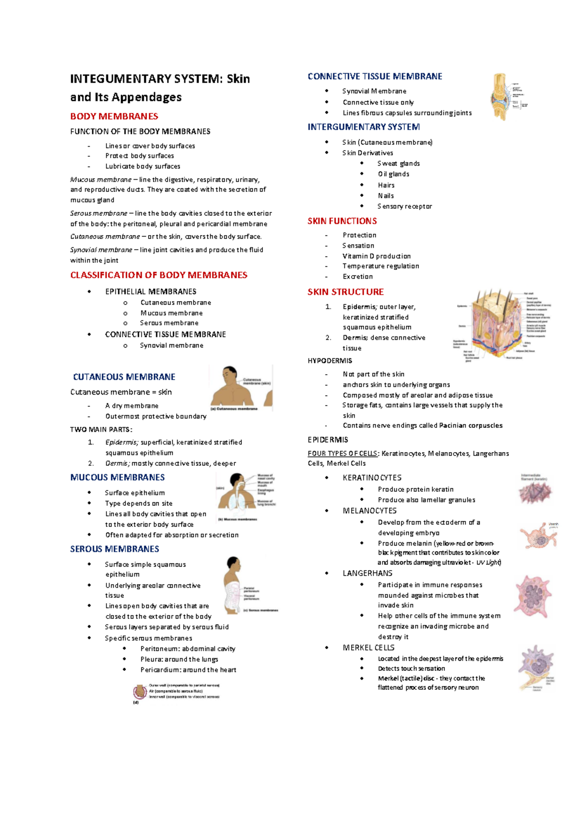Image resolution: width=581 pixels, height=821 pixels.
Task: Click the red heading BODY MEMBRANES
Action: click(x=114, y=116)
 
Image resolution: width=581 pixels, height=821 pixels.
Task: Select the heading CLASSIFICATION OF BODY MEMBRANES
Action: click(x=158, y=275)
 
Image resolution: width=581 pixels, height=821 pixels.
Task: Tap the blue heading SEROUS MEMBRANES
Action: click(x=114, y=549)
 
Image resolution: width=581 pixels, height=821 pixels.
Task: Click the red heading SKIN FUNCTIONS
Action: click(x=342, y=221)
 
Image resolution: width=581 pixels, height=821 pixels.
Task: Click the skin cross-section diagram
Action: click(x=499, y=324)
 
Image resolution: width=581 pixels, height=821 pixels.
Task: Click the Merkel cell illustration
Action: click(x=535, y=667)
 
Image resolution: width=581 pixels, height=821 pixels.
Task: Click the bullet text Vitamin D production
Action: click(x=376, y=256)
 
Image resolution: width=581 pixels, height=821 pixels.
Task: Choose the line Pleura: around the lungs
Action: click(x=179, y=659)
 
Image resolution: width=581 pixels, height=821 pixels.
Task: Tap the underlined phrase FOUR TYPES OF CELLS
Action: click(x=343, y=454)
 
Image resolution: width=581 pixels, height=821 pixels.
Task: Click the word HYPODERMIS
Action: click(x=330, y=361)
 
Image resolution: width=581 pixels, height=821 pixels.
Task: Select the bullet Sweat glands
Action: click(x=398, y=164)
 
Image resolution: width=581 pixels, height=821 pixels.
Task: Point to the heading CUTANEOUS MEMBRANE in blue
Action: click(x=124, y=377)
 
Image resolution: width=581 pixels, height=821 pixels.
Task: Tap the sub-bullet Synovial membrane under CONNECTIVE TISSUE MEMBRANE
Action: click(x=171, y=346)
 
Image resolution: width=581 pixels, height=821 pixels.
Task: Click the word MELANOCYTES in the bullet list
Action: click(x=369, y=511)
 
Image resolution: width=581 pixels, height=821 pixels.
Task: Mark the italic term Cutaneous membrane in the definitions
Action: click(x=105, y=237)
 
